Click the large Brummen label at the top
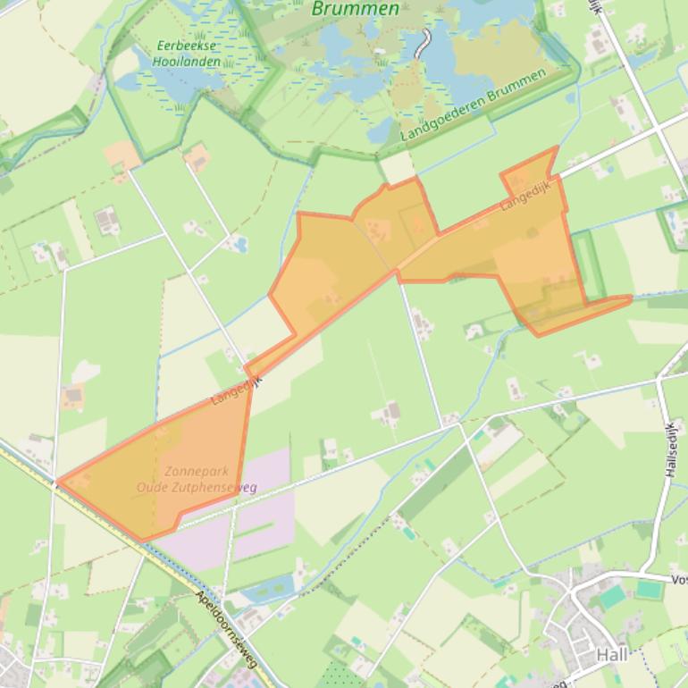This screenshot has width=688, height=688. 356,9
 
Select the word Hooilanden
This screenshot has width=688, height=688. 186,62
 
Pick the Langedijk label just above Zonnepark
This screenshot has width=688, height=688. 236,390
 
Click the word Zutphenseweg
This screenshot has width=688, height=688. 219,488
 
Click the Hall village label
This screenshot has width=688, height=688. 612,655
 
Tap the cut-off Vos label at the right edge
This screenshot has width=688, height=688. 678,580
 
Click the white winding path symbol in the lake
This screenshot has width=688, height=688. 424,42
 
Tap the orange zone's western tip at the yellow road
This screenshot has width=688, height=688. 60,482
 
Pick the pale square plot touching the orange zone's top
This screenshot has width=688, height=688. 398,167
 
